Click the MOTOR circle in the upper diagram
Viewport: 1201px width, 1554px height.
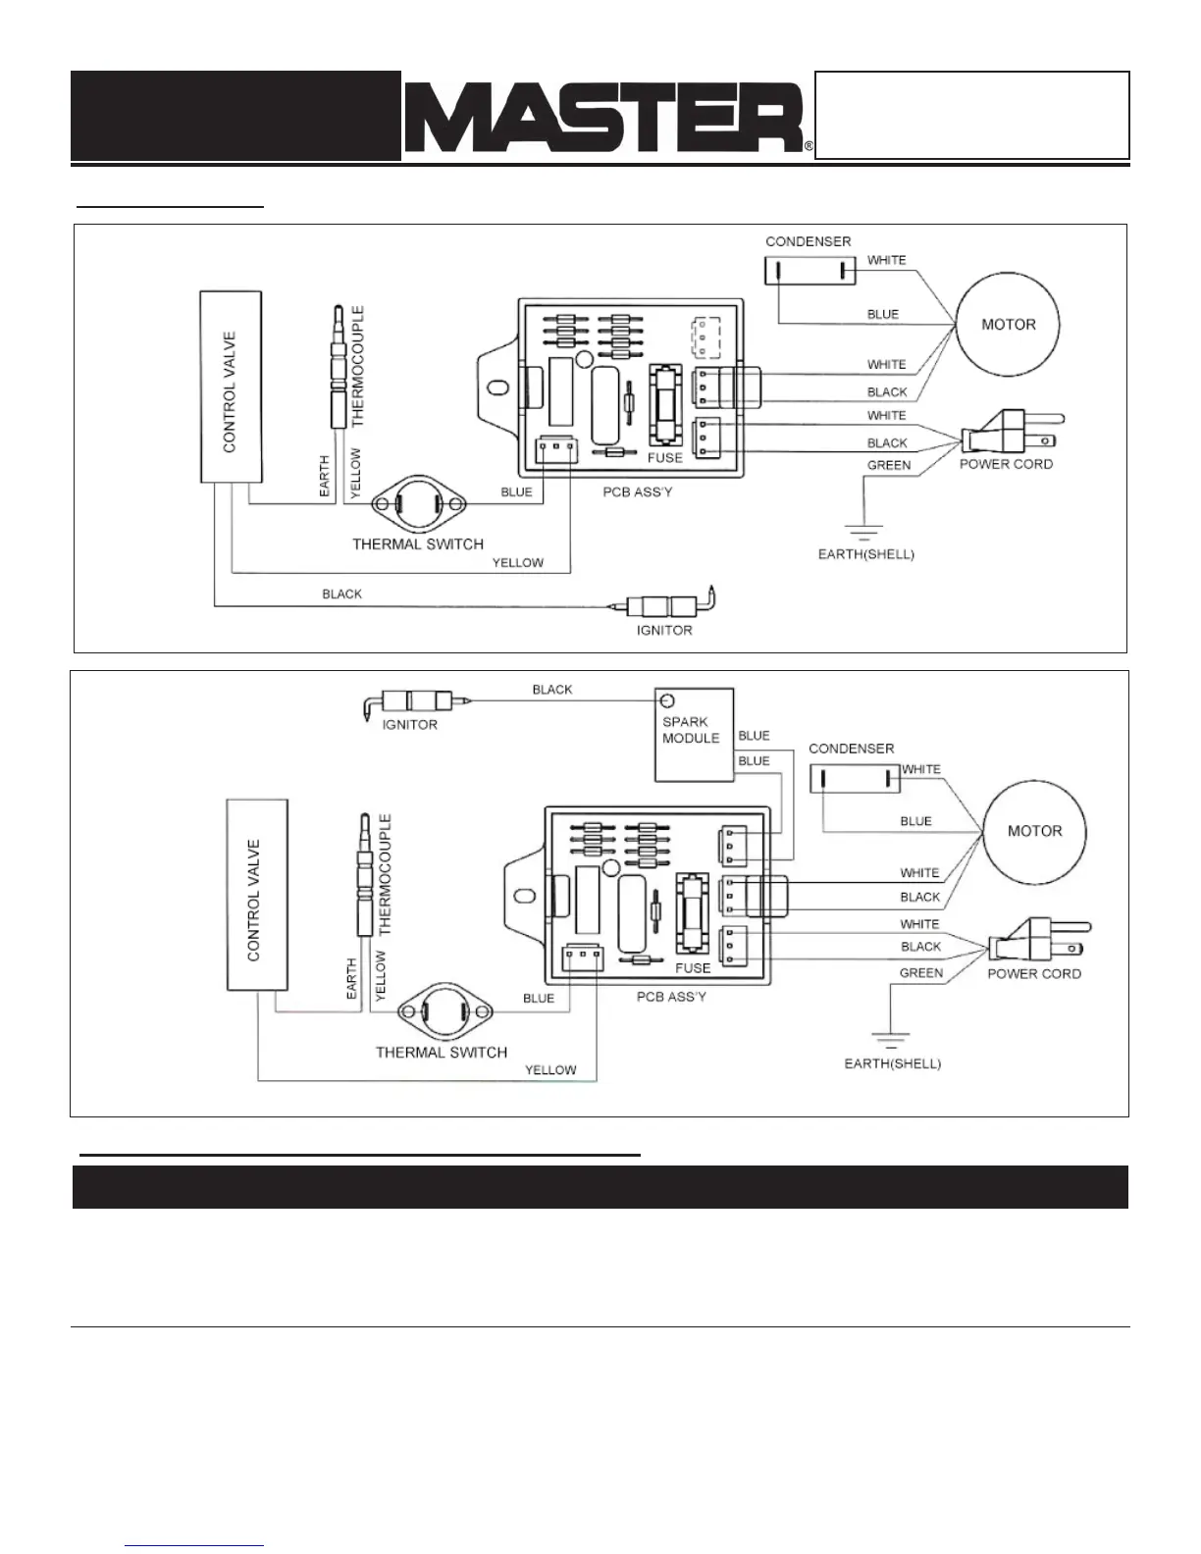pyautogui.click(x=1008, y=325)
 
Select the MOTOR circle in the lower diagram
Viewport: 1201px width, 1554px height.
pyautogui.click(x=1034, y=831)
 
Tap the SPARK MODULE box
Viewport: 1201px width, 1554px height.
pyautogui.click(x=694, y=734)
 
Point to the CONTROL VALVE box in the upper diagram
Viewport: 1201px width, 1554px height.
pyautogui.click(x=231, y=387)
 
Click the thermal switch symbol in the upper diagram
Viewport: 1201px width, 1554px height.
pyautogui.click(x=418, y=503)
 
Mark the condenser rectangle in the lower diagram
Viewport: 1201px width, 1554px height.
pyautogui.click(x=855, y=779)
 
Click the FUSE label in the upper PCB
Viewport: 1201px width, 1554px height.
pyautogui.click(x=664, y=458)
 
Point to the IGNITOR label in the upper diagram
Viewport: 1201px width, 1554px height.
pyautogui.click(x=664, y=630)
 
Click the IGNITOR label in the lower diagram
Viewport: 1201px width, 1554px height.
pyautogui.click(x=410, y=725)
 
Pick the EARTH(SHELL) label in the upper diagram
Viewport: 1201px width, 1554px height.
pyautogui.click(x=865, y=554)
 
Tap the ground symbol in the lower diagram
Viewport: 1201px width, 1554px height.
pyautogui.click(x=889, y=1042)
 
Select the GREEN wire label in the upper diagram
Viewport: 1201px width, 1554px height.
pyautogui.click(x=889, y=465)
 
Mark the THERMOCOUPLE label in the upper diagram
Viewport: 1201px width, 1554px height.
pyautogui.click(x=357, y=366)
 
